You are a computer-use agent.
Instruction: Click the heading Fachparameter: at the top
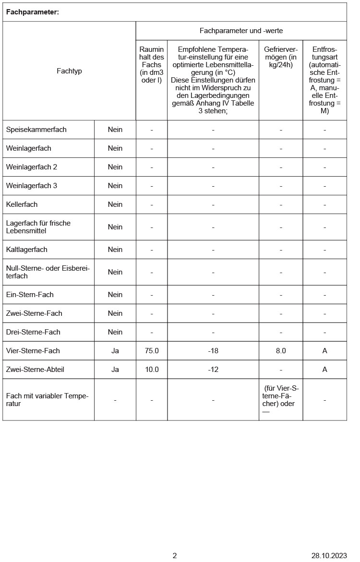pyautogui.click(x=33, y=12)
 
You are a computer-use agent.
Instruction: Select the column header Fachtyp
pyautogui.click(x=69, y=71)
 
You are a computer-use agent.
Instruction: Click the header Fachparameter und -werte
pyautogui.click(x=241, y=31)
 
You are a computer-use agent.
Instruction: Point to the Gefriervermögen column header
pyautogui.click(x=281, y=57)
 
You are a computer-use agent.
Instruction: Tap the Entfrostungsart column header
pyautogui.click(x=324, y=80)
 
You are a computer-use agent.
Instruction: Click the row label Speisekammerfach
pyautogui.click(x=36, y=130)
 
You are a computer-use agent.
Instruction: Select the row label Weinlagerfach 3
pyautogui.click(x=32, y=186)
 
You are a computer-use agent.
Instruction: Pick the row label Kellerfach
pyautogui.click(x=22, y=204)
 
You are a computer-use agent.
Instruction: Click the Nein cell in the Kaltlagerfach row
pyautogui.click(x=115, y=250)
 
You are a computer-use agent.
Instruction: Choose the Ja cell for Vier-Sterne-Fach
pyautogui.click(x=115, y=351)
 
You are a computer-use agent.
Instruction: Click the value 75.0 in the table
pyautogui.click(x=152, y=351)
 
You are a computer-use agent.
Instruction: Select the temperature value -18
pyautogui.click(x=213, y=351)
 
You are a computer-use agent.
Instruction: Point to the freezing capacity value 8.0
pyautogui.click(x=281, y=351)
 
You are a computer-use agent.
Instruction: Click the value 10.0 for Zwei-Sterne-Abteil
pyautogui.click(x=152, y=370)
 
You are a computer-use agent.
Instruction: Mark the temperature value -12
pyautogui.click(x=213, y=370)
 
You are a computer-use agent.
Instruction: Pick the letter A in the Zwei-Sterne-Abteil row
pyautogui.click(x=324, y=370)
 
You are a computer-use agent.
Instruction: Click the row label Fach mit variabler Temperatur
pyautogui.click(x=48, y=400)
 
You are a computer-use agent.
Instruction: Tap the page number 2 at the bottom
pyautogui.click(x=175, y=556)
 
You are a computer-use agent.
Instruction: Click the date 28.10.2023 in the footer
pyautogui.click(x=329, y=556)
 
